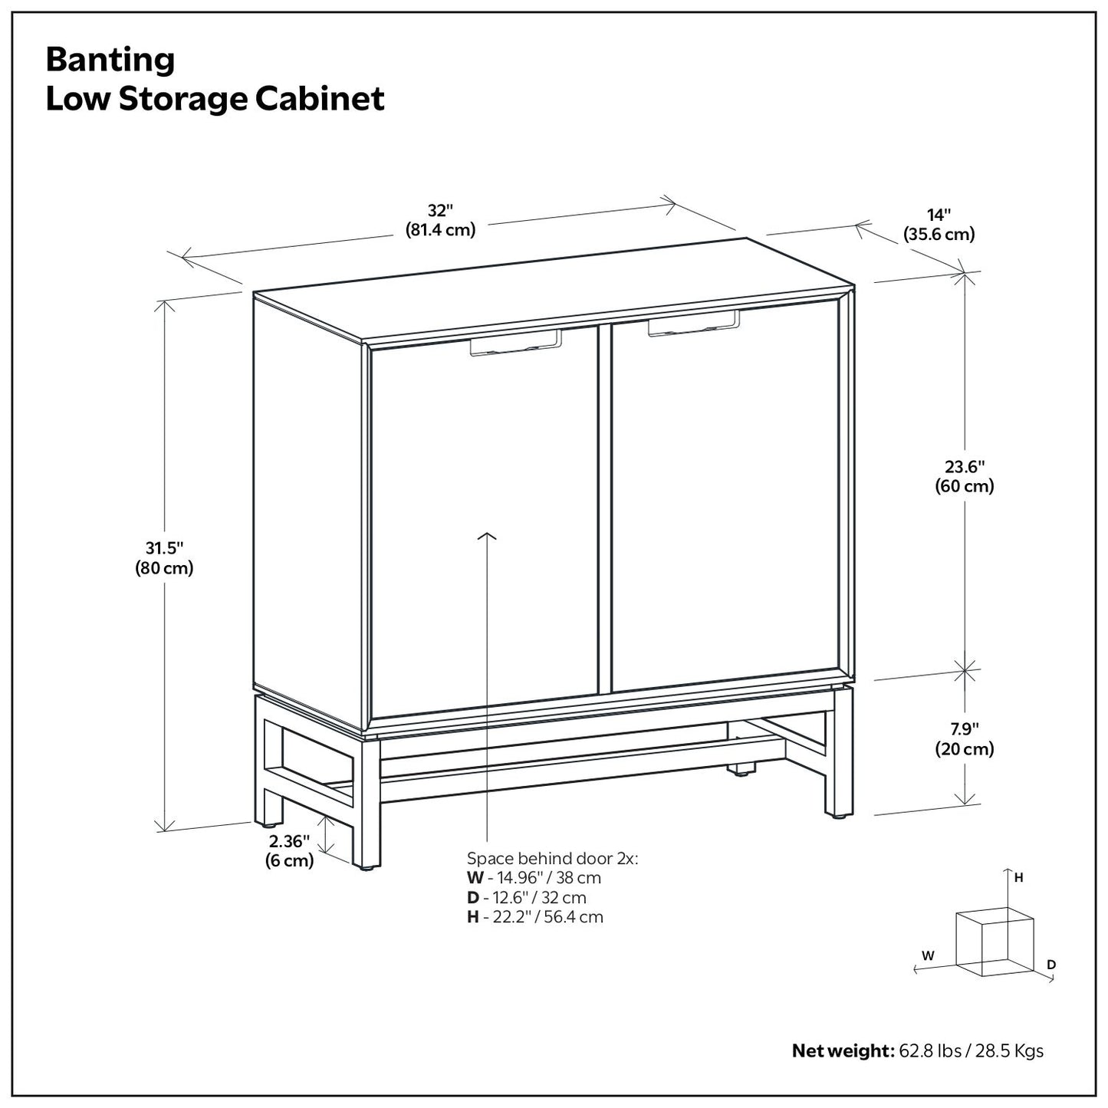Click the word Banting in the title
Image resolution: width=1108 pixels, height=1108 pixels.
coord(110,59)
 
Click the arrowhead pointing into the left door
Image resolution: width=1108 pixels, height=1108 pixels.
coord(487,536)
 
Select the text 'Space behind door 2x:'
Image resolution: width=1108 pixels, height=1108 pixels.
coord(552,858)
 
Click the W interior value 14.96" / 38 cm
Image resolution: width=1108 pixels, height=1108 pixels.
coord(542,878)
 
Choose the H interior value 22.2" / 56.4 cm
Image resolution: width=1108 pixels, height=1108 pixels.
coord(543,916)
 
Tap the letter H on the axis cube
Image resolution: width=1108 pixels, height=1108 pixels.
coord(1019,878)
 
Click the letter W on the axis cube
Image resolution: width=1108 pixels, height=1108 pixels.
coord(928,955)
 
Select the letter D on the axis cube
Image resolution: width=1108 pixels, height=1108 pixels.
coord(1051,964)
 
